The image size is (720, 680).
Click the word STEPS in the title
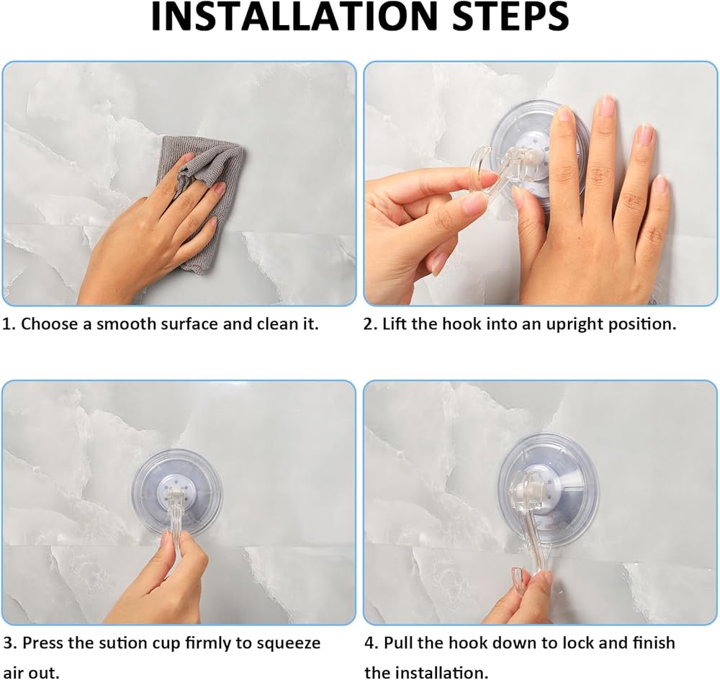[x=510, y=17]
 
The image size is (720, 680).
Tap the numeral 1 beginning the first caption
[x=6, y=324]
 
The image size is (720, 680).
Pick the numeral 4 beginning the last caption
[x=369, y=643]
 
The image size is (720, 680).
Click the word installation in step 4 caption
[x=444, y=673]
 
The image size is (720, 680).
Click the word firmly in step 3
[x=209, y=643]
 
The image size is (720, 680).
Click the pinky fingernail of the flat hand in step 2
[x=661, y=183]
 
